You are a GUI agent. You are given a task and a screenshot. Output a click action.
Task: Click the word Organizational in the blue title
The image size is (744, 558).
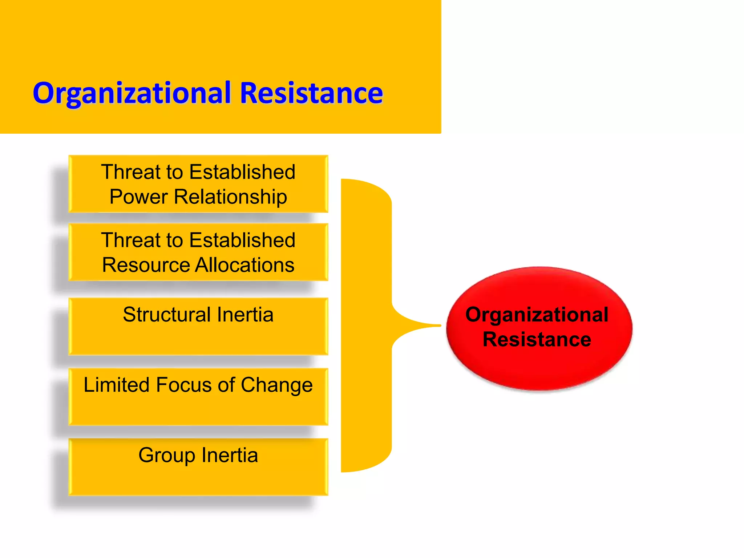tap(132, 94)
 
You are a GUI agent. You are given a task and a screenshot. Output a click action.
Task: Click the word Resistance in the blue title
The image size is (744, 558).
tap(311, 93)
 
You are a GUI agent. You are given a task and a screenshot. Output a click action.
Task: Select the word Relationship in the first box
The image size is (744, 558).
tap(230, 197)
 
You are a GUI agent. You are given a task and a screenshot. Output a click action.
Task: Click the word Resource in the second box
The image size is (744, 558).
tap(145, 265)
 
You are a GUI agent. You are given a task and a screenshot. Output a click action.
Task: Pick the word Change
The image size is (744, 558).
tap(276, 385)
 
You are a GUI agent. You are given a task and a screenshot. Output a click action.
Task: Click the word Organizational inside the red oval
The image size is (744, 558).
tap(537, 315)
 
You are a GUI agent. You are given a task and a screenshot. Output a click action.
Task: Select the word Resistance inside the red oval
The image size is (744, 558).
tap(537, 340)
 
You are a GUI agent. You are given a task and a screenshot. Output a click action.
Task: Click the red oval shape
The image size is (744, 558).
tap(539, 367)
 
